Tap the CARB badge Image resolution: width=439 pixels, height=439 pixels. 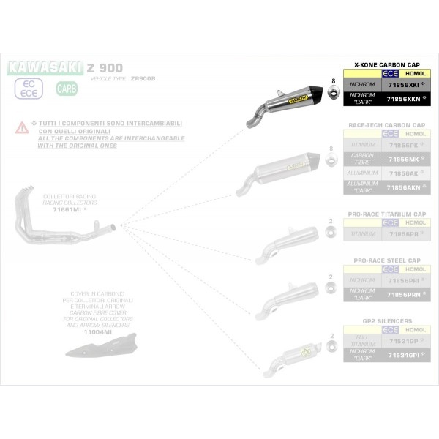coord(65,89)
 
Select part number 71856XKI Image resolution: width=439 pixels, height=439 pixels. coord(405,86)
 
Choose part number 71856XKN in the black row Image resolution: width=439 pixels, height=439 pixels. coord(405,99)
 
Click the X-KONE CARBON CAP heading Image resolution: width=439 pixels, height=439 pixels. coord(387,64)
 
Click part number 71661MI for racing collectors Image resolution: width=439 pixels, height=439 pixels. coord(67,209)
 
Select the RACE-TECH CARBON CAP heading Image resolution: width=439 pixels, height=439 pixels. coord(387,125)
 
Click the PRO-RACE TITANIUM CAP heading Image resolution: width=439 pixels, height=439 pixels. coord(387,214)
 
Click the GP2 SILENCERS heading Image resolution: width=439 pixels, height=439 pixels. coord(387,320)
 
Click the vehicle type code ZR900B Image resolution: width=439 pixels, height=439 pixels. coord(143,78)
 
